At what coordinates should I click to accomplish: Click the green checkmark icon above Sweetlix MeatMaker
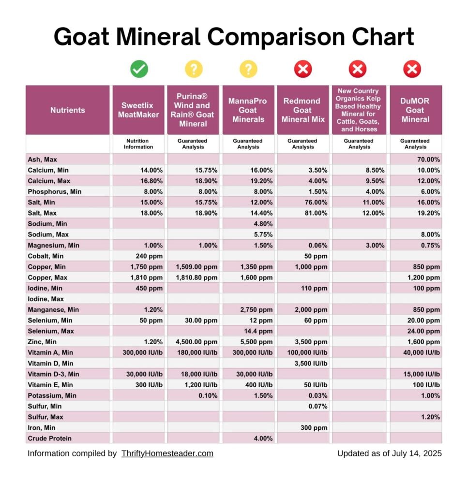(x=139, y=70)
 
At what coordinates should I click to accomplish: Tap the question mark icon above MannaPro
(x=248, y=70)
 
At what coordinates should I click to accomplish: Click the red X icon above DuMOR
(x=412, y=70)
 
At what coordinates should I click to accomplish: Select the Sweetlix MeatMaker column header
(x=138, y=110)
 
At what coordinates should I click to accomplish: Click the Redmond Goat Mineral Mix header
(x=302, y=110)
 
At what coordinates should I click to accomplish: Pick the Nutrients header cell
(x=67, y=110)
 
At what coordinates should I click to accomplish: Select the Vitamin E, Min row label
(x=50, y=385)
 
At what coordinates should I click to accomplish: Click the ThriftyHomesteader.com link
(x=167, y=453)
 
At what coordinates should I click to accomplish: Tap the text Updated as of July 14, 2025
(x=389, y=453)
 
